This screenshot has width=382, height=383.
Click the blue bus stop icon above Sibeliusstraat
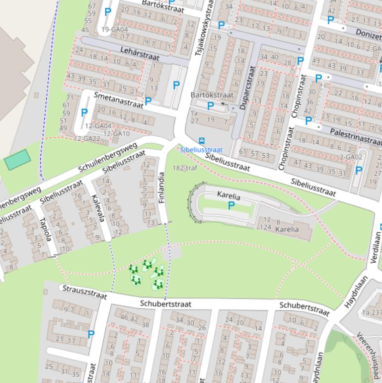(x=202, y=141)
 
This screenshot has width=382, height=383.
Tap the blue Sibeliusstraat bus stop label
(x=201, y=149)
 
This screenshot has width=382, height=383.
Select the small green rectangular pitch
(x=17, y=160)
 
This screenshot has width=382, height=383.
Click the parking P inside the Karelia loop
(x=231, y=205)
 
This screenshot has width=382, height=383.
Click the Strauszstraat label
(x=84, y=292)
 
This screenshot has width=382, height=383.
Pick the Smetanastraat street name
(x=118, y=99)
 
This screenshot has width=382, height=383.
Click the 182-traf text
(x=185, y=168)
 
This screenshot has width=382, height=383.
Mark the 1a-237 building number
(x=372, y=312)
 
